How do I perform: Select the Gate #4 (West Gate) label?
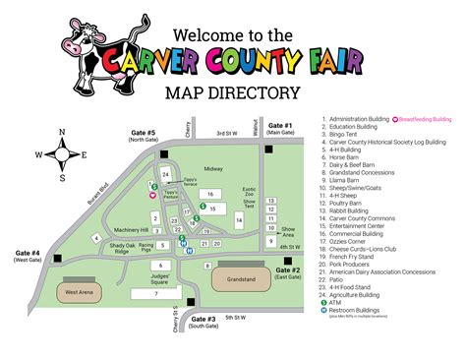pyautogui.click(x=29, y=257)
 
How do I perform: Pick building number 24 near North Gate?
pyautogui.click(x=166, y=175)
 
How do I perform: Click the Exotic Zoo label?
pyautogui.click(x=250, y=192)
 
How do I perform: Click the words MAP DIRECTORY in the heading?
pyautogui.click(x=233, y=93)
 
